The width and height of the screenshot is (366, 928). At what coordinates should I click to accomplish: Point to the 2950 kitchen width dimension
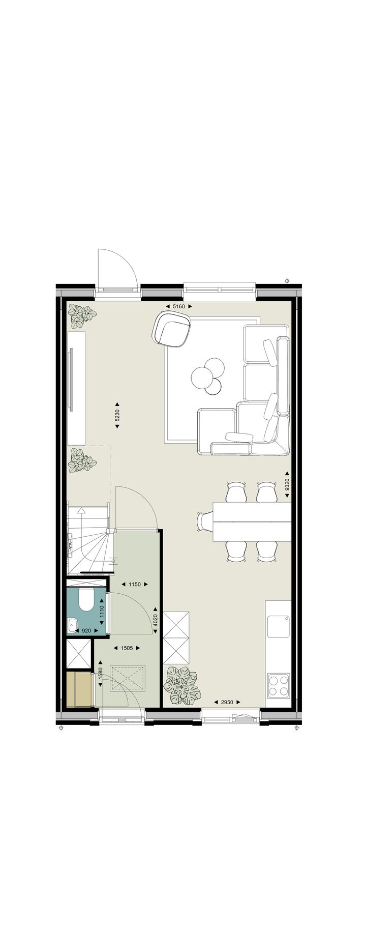pos(227,702)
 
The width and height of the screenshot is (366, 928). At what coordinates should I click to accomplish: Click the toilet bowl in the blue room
pos(85,600)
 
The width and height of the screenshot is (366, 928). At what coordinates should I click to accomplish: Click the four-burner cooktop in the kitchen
pos(279,684)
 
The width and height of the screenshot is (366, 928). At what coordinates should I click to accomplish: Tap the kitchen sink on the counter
pos(279,625)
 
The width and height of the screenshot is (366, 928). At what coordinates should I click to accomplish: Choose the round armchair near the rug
pos(173,330)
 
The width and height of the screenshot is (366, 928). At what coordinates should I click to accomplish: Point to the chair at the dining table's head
pos(204,522)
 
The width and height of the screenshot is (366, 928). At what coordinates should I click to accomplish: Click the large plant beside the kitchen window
pos(181,686)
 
